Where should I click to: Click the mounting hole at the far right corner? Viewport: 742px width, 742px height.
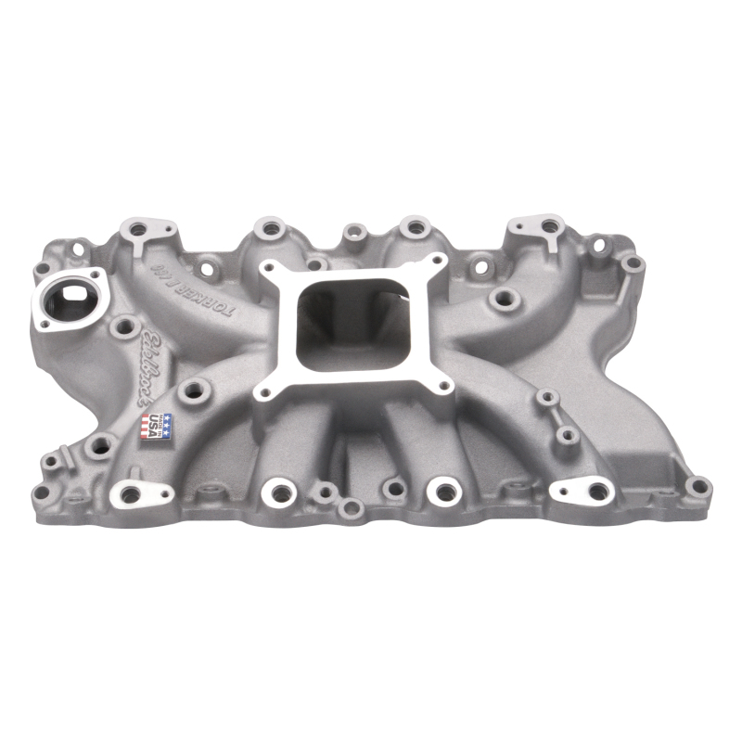point(699,485)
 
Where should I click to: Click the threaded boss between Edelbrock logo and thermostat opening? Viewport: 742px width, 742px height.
point(123,326)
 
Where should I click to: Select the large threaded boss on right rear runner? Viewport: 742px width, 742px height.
point(505,298)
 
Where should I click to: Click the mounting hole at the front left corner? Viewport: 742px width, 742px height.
point(41,491)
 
